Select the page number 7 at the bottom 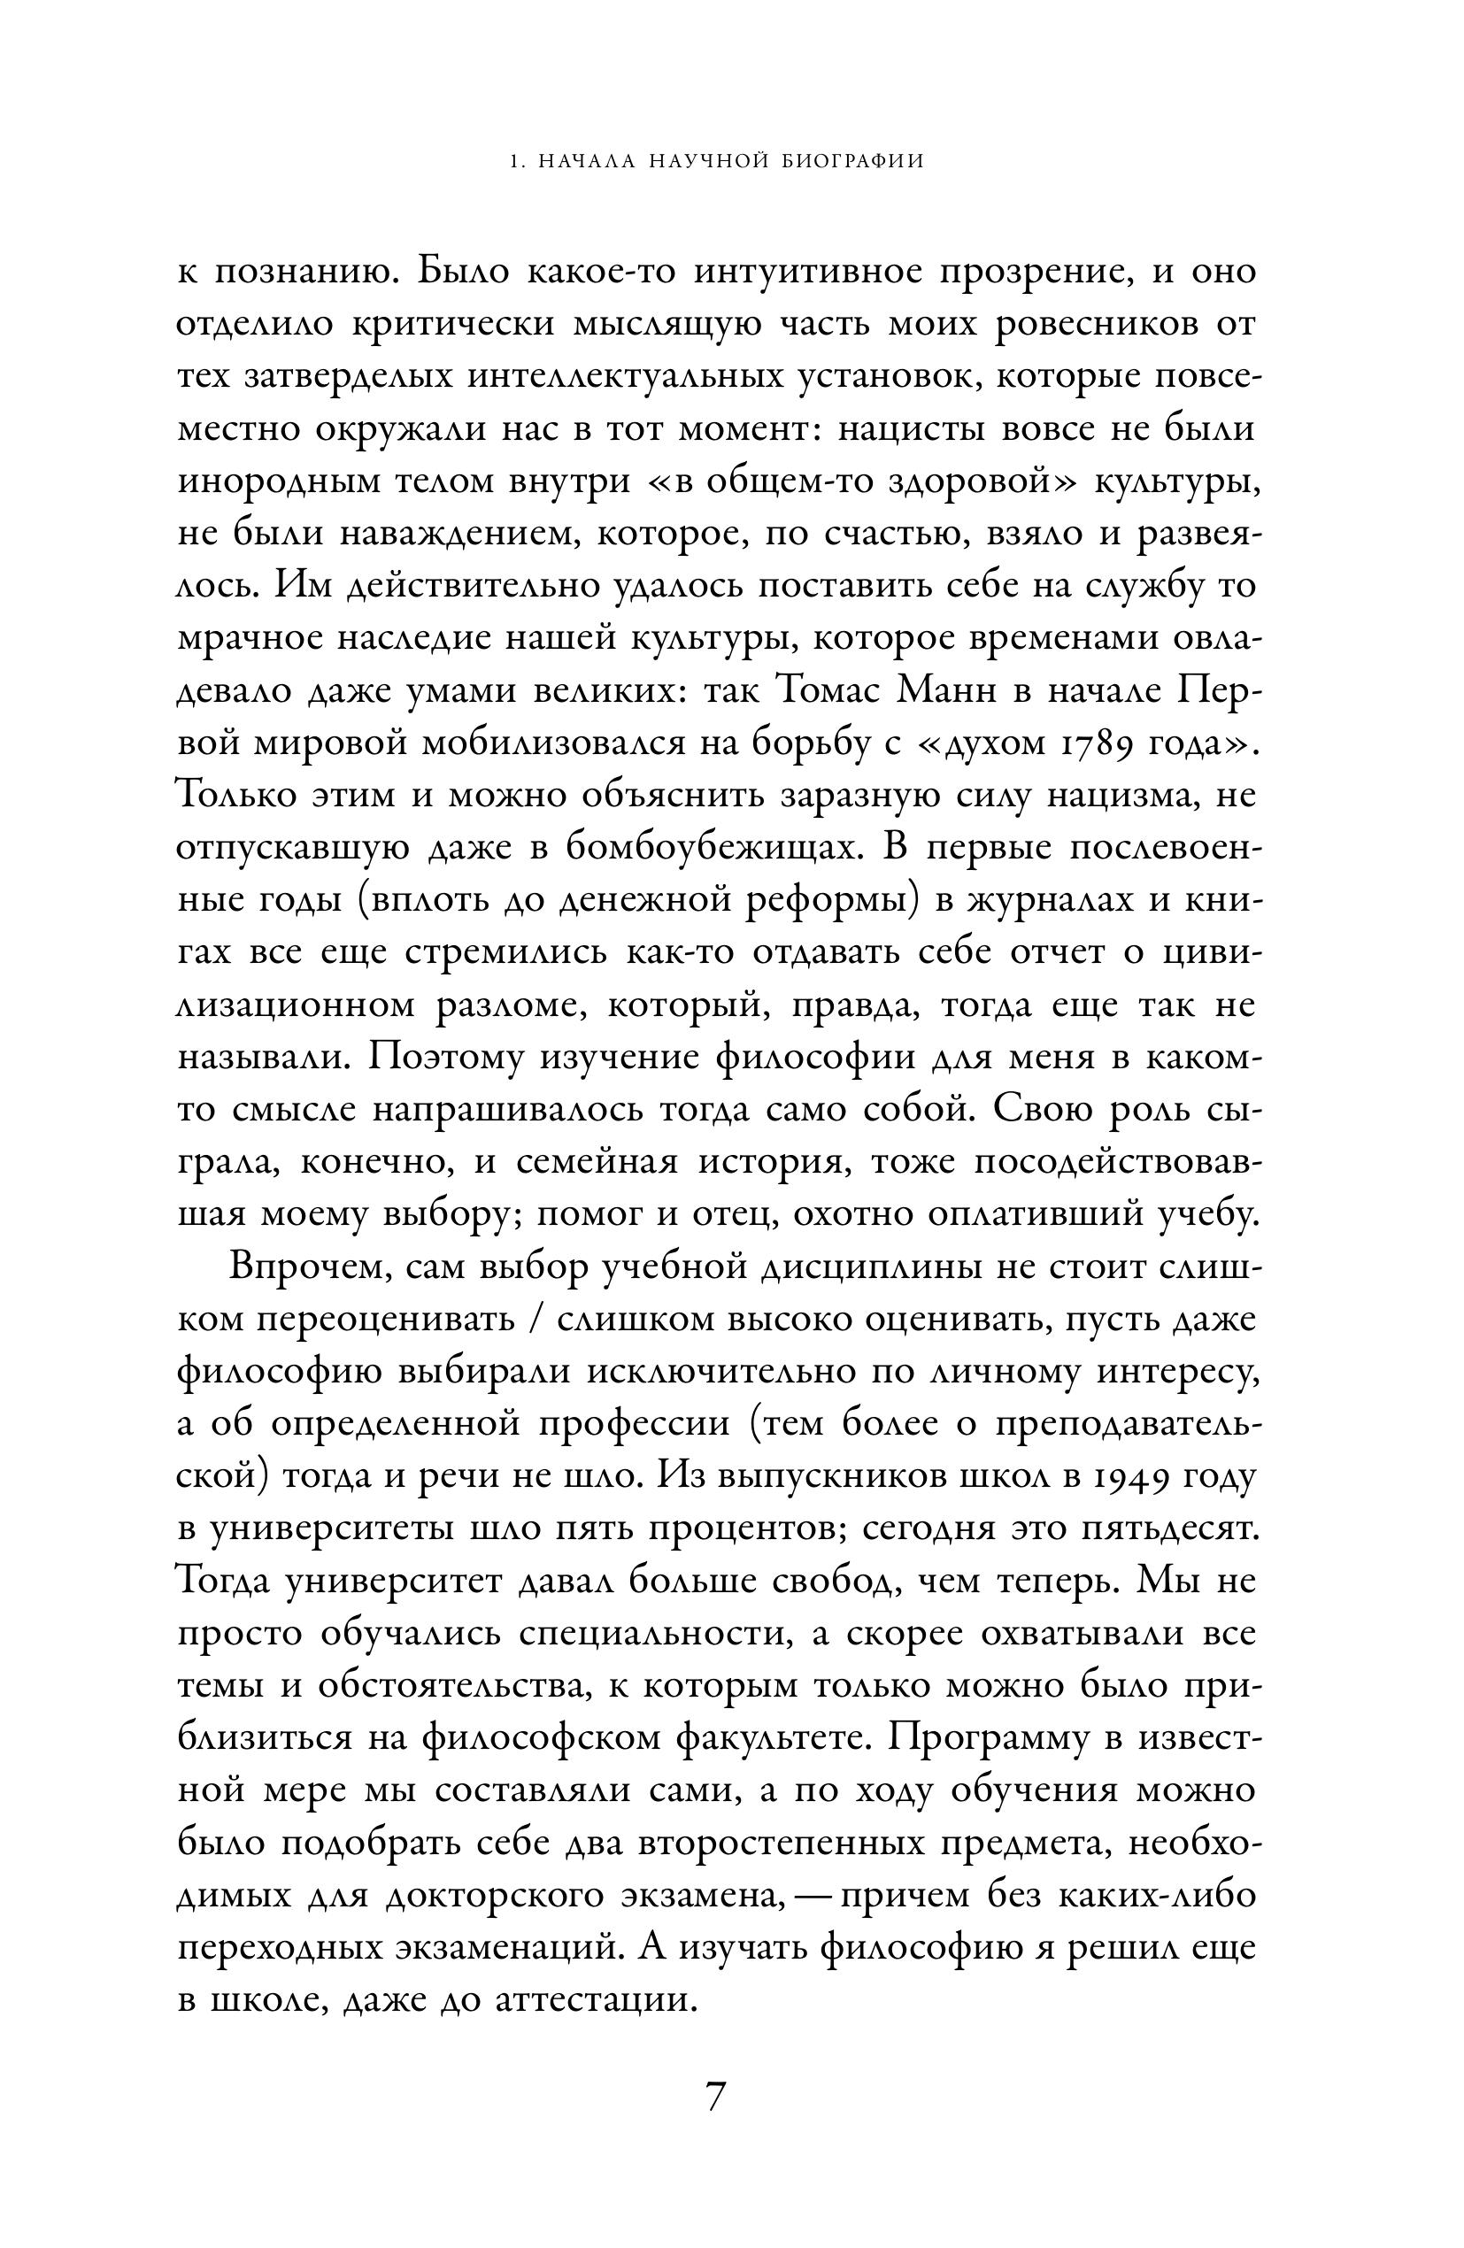click(715, 2096)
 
